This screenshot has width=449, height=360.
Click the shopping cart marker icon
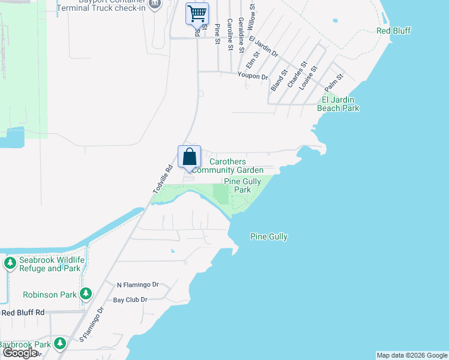click(x=197, y=13)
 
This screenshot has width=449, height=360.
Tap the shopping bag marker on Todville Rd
click(x=189, y=157)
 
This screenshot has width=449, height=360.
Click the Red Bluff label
click(x=394, y=31)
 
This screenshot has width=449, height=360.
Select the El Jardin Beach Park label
click(x=340, y=104)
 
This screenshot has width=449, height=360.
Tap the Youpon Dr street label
click(x=253, y=77)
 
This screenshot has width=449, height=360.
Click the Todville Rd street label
click(x=162, y=179)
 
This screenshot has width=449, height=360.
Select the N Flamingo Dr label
click(x=137, y=284)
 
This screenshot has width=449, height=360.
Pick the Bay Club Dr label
click(x=130, y=299)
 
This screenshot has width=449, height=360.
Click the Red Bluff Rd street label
click(x=23, y=313)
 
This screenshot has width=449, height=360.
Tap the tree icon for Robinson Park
click(x=86, y=293)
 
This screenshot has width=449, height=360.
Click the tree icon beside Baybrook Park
click(x=59, y=343)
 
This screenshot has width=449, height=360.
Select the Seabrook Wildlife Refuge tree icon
click(x=10, y=263)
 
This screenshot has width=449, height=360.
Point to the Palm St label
click(x=333, y=81)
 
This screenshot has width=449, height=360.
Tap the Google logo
click(x=19, y=353)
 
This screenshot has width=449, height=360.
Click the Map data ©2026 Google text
click(x=412, y=355)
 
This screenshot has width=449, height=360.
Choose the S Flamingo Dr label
click(x=91, y=325)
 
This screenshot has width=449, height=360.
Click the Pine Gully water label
click(x=268, y=237)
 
